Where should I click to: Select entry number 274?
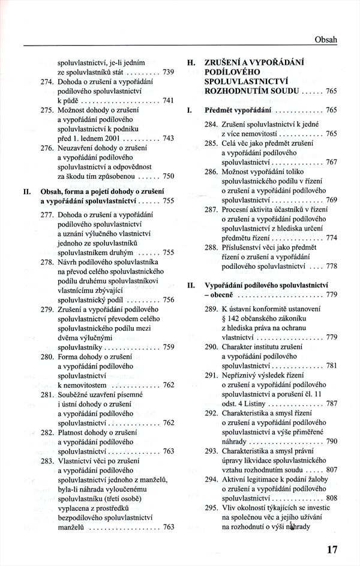tap(48, 82)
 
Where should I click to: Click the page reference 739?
tap(169, 72)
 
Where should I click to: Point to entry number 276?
tap(48, 148)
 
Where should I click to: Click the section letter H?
tap(191, 62)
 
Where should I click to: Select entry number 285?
tap(211, 144)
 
